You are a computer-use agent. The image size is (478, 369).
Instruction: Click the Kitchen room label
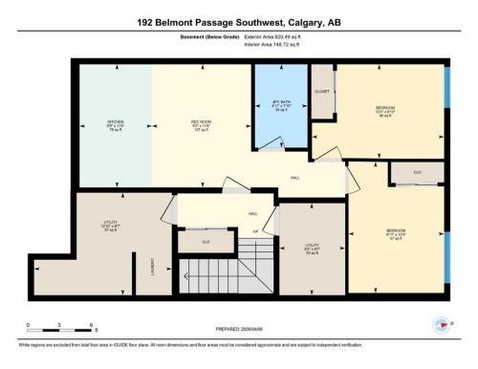tap(116, 124)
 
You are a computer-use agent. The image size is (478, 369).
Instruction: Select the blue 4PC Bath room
tap(280, 105)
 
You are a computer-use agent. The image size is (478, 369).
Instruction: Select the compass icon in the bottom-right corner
tap(441, 323)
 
